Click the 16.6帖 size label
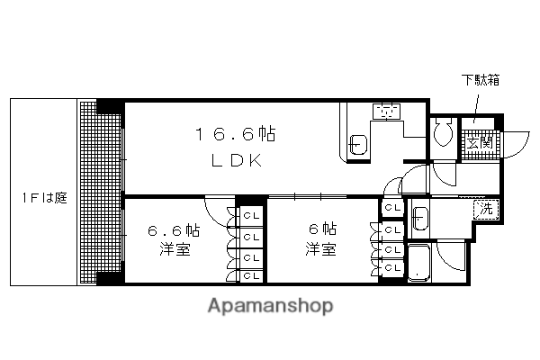tap(236, 135)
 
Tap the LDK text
tap(236, 162)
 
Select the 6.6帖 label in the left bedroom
tap(173, 230)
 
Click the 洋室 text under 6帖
tap(320, 249)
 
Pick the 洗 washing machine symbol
tap(485, 209)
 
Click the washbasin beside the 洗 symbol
tap(421, 216)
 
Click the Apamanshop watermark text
tap(269, 306)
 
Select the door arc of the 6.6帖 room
tap(219, 212)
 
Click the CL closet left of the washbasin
tap(391, 208)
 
